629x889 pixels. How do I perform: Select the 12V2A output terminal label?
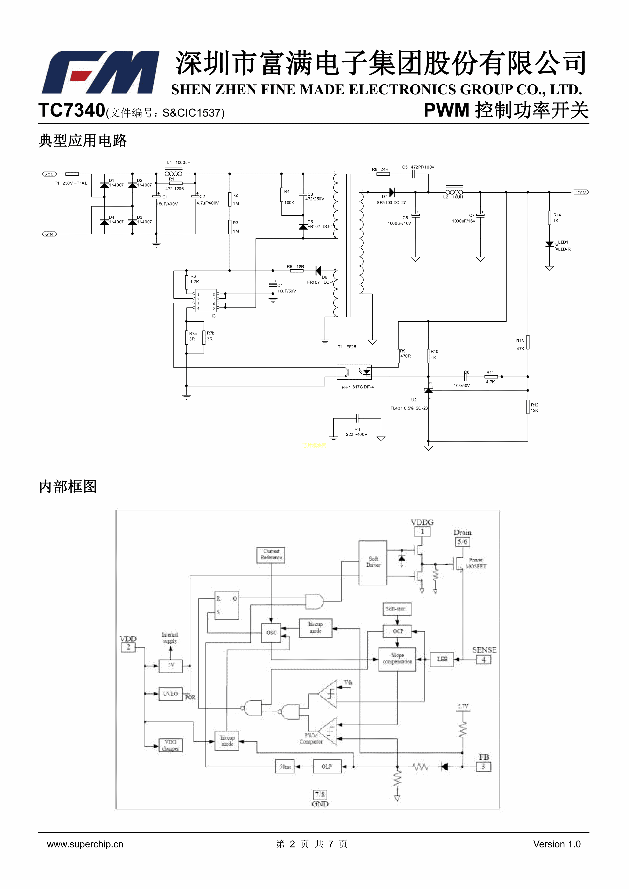pos(581,192)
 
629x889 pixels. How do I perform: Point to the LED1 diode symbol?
pos(549,244)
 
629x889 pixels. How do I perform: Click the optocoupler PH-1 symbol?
pos(354,373)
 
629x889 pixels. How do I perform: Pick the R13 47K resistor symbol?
pos(528,342)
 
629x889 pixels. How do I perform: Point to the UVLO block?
pos(170,694)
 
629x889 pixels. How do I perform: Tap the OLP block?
pos(327,767)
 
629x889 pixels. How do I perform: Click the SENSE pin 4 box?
pos(483,659)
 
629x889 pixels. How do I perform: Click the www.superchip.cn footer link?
pos(85,844)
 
